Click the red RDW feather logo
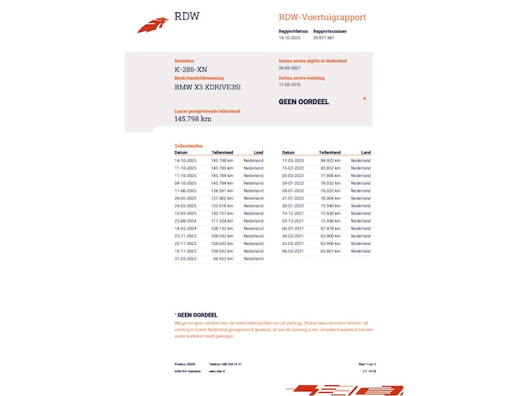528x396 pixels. pos(152,25)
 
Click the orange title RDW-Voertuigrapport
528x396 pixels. pos(322,18)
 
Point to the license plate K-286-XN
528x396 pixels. pos(190,69)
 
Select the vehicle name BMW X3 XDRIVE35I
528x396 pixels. pos(207,87)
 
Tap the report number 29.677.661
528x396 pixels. pos(324,37)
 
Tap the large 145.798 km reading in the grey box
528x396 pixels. pos(193,119)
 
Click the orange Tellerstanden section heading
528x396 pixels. pos(188,146)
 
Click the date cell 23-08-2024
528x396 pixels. pos(186,220)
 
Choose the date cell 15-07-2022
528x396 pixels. pos(294,168)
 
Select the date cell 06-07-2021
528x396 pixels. pos(294,228)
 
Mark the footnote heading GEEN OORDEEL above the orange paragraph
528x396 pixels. pos(197,314)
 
